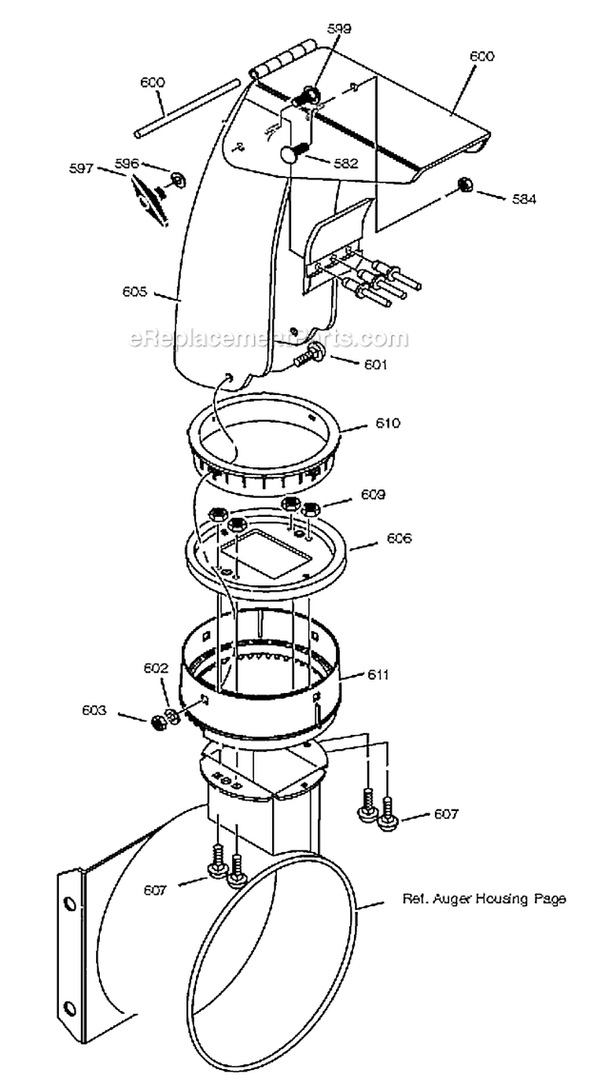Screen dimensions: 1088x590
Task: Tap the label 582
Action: pyautogui.click(x=345, y=164)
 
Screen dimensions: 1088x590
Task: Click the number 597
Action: pyautogui.click(x=81, y=168)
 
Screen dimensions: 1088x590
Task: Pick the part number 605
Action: pyautogui.click(x=135, y=291)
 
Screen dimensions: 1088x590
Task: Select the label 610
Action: pyautogui.click(x=387, y=423)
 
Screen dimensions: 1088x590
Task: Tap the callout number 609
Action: pyautogui.click(x=373, y=495)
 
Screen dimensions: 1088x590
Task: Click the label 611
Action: pyautogui.click(x=378, y=675)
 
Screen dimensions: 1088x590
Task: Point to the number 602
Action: pyautogui.click(x=155, y=668)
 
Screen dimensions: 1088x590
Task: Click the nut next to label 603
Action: pyautogui.click(x=157, y=721)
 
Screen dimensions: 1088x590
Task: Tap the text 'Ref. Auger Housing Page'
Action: pyautogui.click(x=484, y=899)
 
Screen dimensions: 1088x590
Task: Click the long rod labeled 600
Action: pyautogui.click(x=186, y=109)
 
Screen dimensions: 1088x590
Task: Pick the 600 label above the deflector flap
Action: pyautogui.click(x=481, y=56)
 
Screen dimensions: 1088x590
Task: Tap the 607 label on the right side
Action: pyautogui.click(x=446, y=814)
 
